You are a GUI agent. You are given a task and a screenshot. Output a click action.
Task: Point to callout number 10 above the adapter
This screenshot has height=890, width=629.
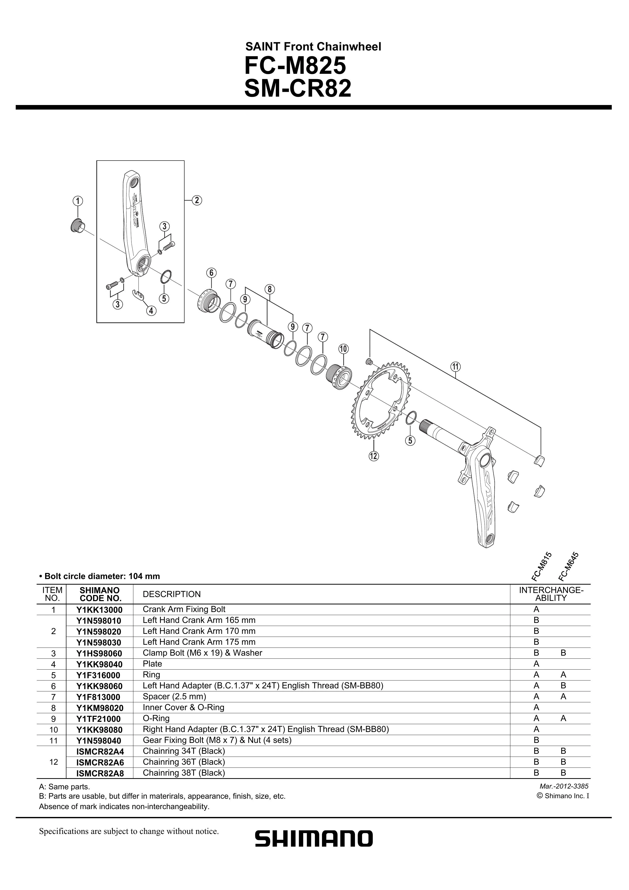(343, 349)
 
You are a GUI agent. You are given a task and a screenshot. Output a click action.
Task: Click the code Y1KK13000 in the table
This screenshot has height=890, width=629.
(100, 610)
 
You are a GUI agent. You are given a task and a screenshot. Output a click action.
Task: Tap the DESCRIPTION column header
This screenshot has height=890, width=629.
(172, 594)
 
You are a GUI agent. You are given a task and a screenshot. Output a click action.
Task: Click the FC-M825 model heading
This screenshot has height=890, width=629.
(295, 66)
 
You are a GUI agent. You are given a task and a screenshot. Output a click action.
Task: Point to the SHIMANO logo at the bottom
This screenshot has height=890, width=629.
(314, 839)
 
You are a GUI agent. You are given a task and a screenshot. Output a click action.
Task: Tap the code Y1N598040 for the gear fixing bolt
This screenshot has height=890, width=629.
(100, 740)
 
